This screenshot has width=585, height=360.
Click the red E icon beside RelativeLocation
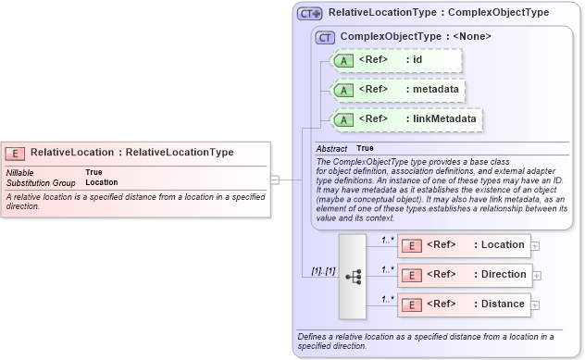[x=16, y=154]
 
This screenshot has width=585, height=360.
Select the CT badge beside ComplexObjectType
[x=325, y=37]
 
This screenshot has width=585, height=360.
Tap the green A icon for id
[x=343, y=61]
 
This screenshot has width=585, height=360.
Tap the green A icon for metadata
[x=343, y=90]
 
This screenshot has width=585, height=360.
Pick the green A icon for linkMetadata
[x=343, y=119]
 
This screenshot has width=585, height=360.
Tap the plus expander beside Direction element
[x=536, y=276]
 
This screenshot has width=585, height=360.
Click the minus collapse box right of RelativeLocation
[x=274, y=179]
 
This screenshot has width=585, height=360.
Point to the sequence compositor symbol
[x=353, y=276]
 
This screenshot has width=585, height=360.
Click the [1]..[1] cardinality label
[x=322, y=269]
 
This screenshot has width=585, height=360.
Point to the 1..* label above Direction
[x=389, y=268]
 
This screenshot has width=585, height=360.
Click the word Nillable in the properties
[x=21, y=172]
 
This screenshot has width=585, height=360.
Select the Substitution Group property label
[x=41, y=182]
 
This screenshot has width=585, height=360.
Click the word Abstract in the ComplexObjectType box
[x=331, y=148]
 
